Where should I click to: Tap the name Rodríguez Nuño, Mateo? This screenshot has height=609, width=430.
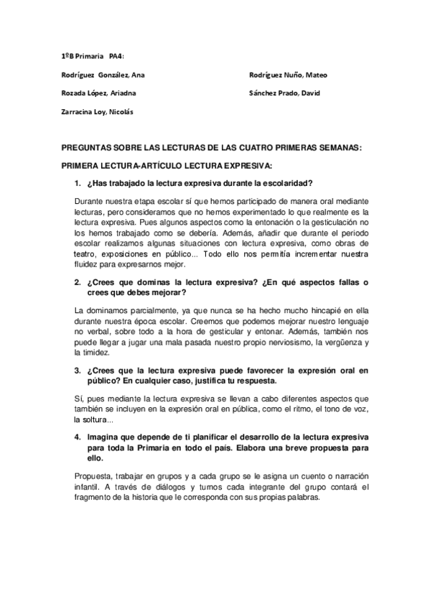click(x=289, y=75)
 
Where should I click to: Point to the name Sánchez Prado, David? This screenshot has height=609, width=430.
click(x=284, y=93)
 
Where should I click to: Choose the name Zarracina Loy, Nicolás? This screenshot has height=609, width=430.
click(x=96, y=111)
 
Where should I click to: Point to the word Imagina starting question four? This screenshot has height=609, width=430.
click(x=104, y=437)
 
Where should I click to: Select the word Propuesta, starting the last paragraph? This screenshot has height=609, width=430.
click(x=95, y=477)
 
